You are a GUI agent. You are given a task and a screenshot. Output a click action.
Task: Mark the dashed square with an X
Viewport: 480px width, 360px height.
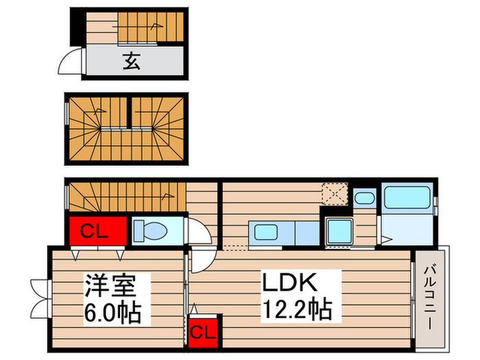pos(337,193)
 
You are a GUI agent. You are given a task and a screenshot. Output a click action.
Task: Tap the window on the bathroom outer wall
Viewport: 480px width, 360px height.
pos(436,199)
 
